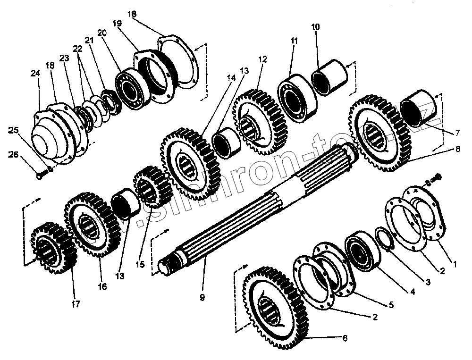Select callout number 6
pyautogui.click(x=345, y=338)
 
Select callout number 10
pyautogui.click(x=315, y=27)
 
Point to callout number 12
pyautogui.click(x=262, y=59)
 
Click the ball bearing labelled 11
pyautogui.click(x=295, y=96)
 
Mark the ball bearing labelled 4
pyautogui.click(x=362, y=250)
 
